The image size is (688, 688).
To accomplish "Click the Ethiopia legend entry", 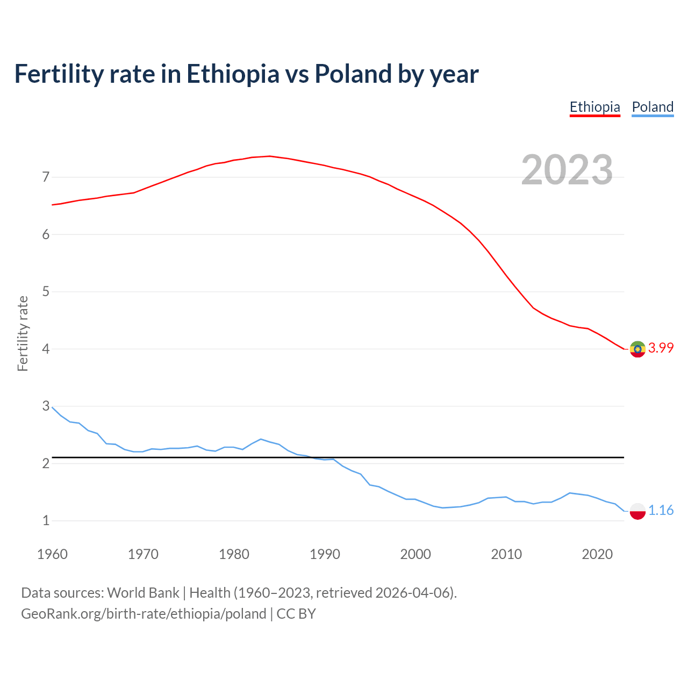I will point(594,107).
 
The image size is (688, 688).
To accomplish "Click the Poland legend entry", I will point(653,107).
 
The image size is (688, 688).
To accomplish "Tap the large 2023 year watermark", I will point(567,170).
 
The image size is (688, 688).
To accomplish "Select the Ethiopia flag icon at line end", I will point(637,349).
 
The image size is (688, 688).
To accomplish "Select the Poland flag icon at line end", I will point(637,511).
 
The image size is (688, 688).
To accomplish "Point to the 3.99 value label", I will point(661,348).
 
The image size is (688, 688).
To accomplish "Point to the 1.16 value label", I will point(661,511).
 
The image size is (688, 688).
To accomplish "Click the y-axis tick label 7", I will point(46,177).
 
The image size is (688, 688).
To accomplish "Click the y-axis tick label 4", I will point(46,349).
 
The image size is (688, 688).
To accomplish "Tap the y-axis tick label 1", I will point(46,520).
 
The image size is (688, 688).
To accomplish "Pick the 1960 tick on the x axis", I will point(52,554).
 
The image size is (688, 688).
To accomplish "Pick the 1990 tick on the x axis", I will point(325,554).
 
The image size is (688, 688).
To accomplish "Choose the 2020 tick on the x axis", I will point(597,554).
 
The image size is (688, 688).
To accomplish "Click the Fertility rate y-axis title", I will point(23,333).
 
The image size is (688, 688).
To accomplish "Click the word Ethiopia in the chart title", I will point(233,74).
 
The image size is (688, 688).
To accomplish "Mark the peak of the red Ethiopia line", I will point(269,156).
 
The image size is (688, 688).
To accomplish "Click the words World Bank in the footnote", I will point(143,593).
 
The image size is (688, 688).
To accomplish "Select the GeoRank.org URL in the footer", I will point(144,614).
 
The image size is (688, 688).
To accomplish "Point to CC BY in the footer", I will point(296,614).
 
